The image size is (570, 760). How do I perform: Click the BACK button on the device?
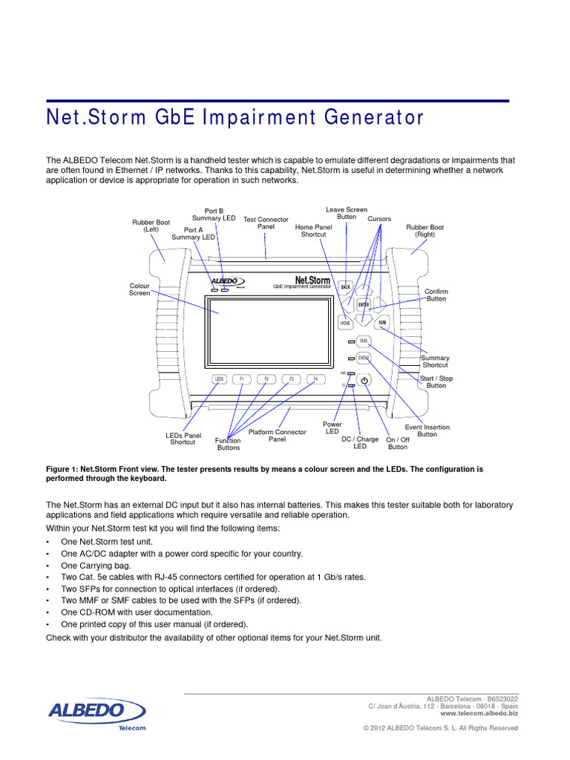(345, 286)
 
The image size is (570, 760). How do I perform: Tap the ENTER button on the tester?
(364, 304)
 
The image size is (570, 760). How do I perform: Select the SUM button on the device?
(382, 323)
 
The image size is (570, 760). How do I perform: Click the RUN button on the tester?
(364, 341)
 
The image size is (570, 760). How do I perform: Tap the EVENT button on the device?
(364, 358)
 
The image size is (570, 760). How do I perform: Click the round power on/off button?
(364, 381)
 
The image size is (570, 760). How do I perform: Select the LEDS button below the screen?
(219, 379)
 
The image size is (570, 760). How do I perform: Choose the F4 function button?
(315, 379)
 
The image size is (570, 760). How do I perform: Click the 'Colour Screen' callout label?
(140, 289)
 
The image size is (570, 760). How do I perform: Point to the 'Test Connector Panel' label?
(266, 223)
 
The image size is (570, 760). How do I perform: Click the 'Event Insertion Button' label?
(427, 431)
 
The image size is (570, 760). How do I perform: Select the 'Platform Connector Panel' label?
(277, 436)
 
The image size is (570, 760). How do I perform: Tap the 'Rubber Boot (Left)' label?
(151, 226)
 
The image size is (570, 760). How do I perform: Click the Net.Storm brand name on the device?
(312, 281)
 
